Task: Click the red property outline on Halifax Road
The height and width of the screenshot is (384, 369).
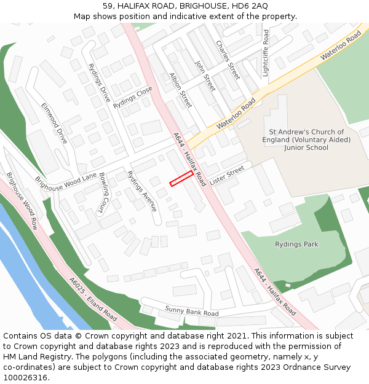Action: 181,179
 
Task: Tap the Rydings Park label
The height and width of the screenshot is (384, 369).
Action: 296,245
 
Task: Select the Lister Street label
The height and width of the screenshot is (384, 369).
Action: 227,174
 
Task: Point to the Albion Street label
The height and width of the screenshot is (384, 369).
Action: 181,90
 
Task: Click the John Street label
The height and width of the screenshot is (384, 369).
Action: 204,76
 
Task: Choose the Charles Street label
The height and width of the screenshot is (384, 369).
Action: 228,60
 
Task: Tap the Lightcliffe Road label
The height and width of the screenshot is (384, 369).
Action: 266,53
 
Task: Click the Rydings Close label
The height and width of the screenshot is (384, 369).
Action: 133,97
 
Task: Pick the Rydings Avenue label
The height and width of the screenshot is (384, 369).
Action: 142,190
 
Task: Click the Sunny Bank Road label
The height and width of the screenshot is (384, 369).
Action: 191,311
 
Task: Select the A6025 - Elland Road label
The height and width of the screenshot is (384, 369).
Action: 93,299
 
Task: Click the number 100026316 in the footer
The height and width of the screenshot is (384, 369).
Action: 25,378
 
